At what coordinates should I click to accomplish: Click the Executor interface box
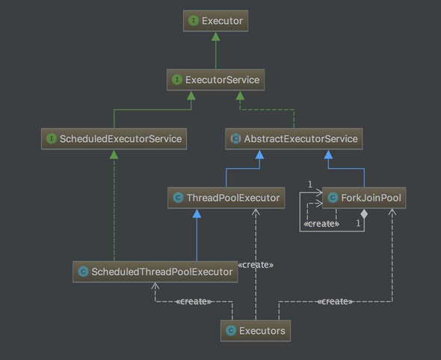point(215,21)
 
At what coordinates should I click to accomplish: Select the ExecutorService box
point(215,80)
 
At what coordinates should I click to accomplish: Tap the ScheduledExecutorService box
point(114,139)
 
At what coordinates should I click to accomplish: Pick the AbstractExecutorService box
point(294,139)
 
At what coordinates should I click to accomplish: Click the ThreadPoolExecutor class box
point(226,198)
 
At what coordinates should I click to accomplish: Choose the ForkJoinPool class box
point(364,198)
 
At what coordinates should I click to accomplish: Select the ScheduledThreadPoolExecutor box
point(155,272)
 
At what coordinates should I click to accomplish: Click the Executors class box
point(256,331)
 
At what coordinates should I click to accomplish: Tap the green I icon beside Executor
point(194,21)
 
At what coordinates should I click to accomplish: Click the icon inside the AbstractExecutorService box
point(235,139)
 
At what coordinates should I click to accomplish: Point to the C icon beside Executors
point(231,331)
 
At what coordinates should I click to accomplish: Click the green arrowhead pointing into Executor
point(216,37)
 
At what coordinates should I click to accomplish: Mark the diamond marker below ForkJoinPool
point(364,214)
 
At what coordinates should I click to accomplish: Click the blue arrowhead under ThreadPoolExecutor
point(197,214)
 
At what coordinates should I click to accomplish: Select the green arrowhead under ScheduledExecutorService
point(114,155)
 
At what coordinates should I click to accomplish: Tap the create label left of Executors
point(194,302)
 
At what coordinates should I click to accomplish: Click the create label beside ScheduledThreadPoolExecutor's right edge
point(256,264)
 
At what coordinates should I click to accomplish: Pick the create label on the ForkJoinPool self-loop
point(321,224)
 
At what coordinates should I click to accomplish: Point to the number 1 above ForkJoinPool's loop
point(310,184)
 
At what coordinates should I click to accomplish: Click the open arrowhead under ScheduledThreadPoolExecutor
point(155,286)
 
